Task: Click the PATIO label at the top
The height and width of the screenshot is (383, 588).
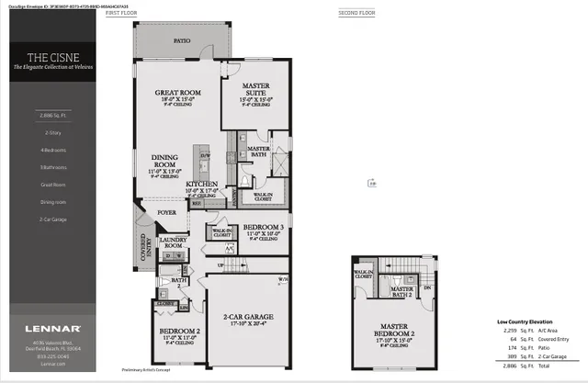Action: [x=182, y=40]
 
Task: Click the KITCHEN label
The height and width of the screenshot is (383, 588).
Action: [x=201, y=185]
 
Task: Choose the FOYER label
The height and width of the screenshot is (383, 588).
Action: [x=166, y=212]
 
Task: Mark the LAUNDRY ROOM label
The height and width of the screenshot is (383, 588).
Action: [x=174, y=242]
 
